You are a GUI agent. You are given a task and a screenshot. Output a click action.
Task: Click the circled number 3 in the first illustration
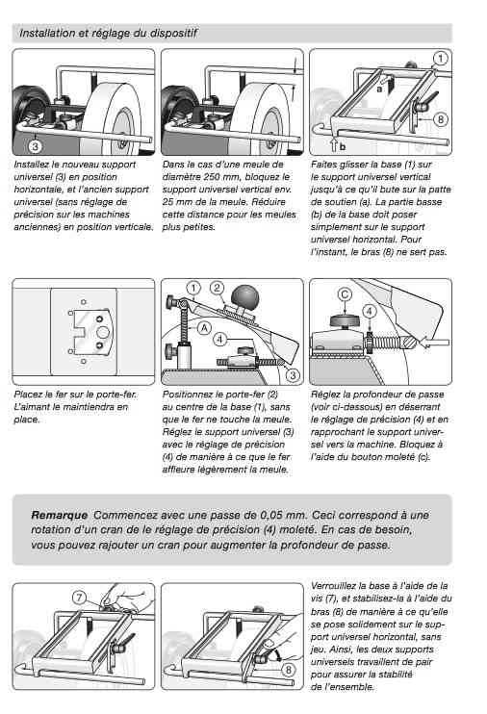(x=35, y=146)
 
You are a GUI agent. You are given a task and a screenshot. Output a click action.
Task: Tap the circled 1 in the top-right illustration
(x=440, y=59)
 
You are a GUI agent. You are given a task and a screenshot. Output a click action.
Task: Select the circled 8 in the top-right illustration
(x=440, y=119)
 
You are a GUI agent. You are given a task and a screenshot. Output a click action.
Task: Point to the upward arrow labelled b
(x=334, y=144)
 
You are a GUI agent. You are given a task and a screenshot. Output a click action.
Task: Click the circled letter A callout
(x=204, y=328)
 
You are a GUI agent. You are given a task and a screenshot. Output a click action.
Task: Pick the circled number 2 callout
(x=217, y=288)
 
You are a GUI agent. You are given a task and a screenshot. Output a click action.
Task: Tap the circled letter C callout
(x=345, y=294)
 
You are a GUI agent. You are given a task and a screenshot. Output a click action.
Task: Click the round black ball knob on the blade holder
(x=245, y=297)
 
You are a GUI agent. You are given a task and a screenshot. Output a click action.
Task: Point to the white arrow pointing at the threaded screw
(x=434, y=342)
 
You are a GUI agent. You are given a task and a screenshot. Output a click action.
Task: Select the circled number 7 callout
(x=79, y=597)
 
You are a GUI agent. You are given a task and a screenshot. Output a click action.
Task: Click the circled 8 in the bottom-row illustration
(x=288, y=670)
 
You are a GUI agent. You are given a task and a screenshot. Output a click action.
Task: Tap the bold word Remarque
(x=60, y=516)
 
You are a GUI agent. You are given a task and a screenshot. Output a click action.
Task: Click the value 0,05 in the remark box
(x=272, y=516)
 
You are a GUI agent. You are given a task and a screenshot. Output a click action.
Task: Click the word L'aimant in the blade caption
(x=32, y=407)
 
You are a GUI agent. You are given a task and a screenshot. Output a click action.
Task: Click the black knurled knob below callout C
(x=345, y=321)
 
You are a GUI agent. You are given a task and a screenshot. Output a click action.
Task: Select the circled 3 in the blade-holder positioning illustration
(x=292, y=375)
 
